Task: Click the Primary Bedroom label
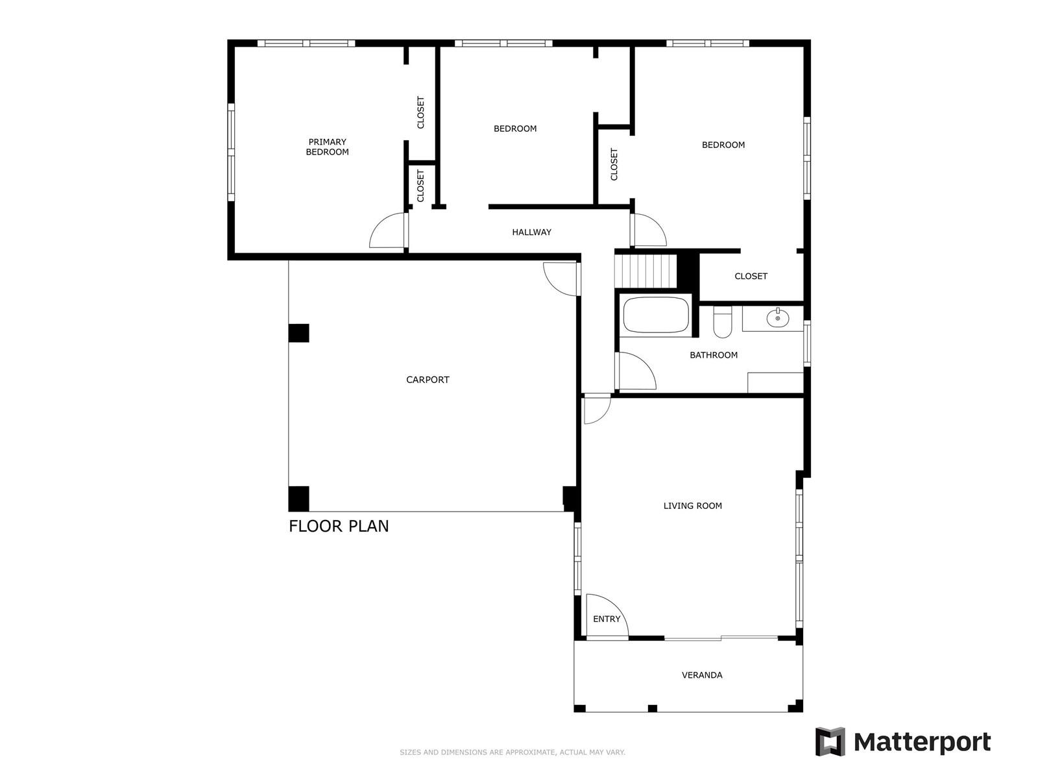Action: coord(327,147)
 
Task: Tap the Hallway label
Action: coord(531,232)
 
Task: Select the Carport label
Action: coord(428,380)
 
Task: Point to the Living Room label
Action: coord(692,506)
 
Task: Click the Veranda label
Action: coord(702,675)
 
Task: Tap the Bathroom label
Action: coord(714,355)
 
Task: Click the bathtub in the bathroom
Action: coord(655,315)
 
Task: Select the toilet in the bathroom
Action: coord(722,323)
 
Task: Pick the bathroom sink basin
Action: coord(777,318)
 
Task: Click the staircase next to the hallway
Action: coord(646,270)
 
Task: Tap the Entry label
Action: coord(607,619)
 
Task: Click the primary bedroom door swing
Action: coord(388,232)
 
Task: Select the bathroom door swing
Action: coord(636,371)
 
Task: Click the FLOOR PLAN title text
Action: coord(339,526)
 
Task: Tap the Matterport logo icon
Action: coord(830,741)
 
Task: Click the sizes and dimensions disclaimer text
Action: coord(512,752)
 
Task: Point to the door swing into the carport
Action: coord(561,278)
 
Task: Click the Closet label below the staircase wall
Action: coord(751,277)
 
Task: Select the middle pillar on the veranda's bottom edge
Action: coord(653,708)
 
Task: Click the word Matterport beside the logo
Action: coord(922,741)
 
